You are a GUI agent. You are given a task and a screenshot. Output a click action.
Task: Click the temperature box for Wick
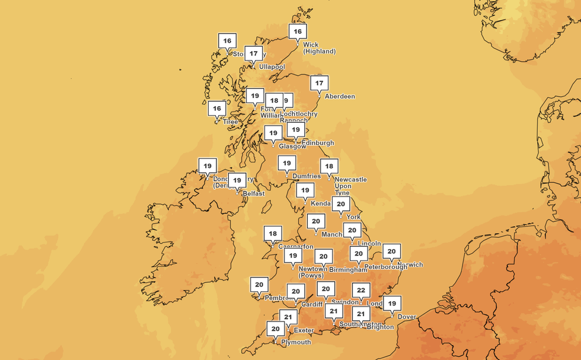click(x=298, y=31)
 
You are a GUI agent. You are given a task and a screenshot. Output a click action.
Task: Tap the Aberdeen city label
click(x=340, y=97)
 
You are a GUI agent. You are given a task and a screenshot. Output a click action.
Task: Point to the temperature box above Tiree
click(x=217, y=109)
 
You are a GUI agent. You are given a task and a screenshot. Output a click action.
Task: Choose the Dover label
click(x=407, y=317)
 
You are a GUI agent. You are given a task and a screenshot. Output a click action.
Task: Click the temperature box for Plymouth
click(x=275, y=329)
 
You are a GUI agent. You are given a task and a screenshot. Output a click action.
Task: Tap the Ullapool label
click(x=272, y=67)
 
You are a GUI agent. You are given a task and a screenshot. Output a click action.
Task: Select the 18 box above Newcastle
click(x=329, y=166)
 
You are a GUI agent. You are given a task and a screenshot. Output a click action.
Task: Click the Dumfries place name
click(x=307, y=176)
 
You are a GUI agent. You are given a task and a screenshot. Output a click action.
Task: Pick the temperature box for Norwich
click(x=391, y=251)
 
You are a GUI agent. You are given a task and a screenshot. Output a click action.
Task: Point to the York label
click(x=353, y=217)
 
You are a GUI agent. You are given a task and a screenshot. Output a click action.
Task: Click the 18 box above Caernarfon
click(x=273, y=233)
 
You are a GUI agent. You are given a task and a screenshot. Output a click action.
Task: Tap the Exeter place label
click(x=304, y=330)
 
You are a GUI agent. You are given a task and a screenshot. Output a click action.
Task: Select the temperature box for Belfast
click(x=237, y=180)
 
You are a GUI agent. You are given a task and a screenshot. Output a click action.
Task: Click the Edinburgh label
click(x=318, y=143)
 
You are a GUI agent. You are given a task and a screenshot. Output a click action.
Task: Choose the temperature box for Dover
click(x=391, y=303)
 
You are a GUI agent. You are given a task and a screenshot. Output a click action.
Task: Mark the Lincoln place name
click(x=369, y=244)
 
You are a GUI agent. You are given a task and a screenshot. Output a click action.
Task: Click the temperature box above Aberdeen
click(x=319, y=83)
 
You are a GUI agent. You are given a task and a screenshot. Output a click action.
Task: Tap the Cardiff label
click(x=312, y=304)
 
